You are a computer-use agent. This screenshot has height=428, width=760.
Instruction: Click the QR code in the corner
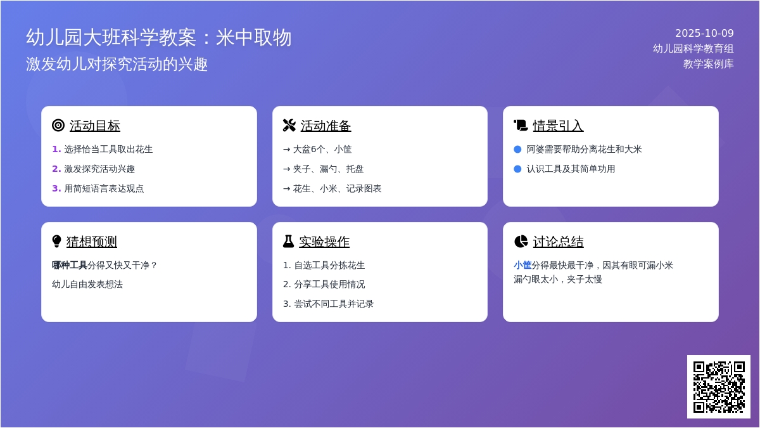click(x=718, y=386)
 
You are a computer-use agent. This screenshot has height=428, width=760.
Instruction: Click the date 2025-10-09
click(x=704, y=34)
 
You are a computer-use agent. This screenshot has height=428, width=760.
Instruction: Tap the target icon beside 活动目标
click(x=58, y=126)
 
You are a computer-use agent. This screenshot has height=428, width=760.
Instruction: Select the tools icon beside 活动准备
click(x=289, y=126)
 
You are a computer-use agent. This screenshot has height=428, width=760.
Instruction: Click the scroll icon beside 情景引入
click(x=521, y=126)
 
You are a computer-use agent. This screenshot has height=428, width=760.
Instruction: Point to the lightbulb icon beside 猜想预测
click(x=57, y=242)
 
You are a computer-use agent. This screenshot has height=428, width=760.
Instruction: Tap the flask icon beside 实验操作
click(x=288, y=242)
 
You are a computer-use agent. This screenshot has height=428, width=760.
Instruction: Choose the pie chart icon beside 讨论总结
click(x=521, y=242)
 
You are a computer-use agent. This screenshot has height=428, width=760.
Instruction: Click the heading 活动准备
click(x=326, y=126)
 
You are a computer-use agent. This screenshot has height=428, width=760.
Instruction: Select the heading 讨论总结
click(x=558, y=242)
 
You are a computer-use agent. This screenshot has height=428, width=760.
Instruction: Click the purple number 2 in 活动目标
click(x=56, y=169)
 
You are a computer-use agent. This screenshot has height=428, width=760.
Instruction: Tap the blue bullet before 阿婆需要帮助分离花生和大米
click(x=517, y=150)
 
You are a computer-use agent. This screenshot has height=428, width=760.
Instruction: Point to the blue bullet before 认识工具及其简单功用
click(x=517, y=169)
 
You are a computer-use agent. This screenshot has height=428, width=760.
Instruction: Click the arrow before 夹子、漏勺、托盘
click(x=286, y=169)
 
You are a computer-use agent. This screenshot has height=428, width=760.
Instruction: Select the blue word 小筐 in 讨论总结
click(x=522, y=265)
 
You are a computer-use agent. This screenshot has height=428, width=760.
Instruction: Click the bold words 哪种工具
click(x=70, y=265)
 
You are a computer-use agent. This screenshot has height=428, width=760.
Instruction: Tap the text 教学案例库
click(x=708, y=64)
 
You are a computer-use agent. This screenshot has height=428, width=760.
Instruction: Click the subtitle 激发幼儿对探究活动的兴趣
click(x=117, y=64)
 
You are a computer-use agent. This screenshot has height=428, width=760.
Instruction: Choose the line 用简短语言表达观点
click(x=104, y=189)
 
